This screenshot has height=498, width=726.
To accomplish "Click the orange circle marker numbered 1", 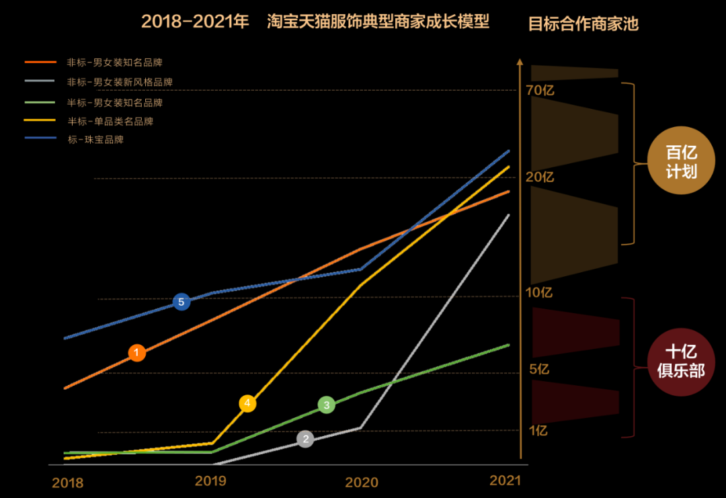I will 137,353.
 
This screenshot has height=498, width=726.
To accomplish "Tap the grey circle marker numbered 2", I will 305,440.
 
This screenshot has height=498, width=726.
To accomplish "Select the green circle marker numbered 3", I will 327,405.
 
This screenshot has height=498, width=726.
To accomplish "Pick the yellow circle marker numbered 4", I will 247,403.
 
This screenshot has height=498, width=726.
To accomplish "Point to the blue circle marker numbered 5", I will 181,302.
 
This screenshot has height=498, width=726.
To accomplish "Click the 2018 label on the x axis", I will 68,483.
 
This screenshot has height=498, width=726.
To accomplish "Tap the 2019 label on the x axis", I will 210,481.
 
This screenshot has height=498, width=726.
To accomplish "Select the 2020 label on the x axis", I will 361,483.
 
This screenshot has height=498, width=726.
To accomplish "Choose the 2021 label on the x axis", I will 505,481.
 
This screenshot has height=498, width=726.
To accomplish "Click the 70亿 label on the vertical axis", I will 540,90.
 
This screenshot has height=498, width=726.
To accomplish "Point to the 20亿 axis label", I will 540,177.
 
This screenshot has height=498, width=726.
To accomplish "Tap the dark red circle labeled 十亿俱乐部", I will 681,361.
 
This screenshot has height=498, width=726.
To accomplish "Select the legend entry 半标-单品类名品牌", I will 110,122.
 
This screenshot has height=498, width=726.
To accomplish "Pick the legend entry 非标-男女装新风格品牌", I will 120,82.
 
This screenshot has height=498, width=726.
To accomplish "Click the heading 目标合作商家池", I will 583,24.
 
